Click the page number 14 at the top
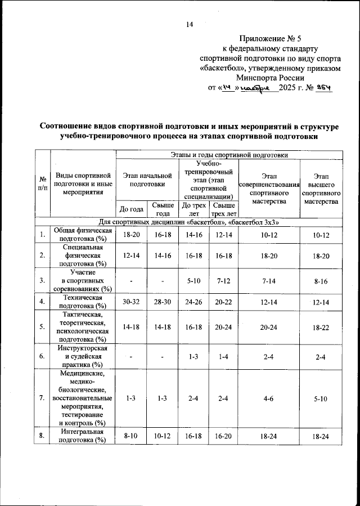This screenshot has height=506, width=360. pyautogui.click(x=189, y=24)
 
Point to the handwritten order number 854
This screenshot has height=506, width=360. pyautogui.click(x=323, y=88)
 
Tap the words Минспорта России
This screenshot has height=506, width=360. pyautogui.click(x=271, y=78)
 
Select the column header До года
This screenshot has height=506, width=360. pyautogui.click(x=131, y=209)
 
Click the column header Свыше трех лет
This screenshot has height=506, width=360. pyautogui.click(x=223, y=209)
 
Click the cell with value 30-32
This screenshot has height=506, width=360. pyautogui.click(x=131, y=302)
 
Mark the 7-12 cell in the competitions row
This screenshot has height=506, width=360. pyautogui.click(x=223, y=279)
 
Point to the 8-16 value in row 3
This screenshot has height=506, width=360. pyautogui.click(x=321, y=279)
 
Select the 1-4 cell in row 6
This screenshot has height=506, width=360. pyautogui.click(x=223, y=356)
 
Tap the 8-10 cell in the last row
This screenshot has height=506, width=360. pyautogui.click(x=131, y=436)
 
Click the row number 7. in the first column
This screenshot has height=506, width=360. pyautogui.click(x=43, y=398)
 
